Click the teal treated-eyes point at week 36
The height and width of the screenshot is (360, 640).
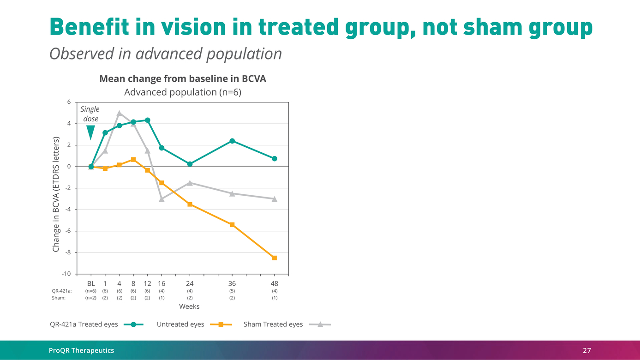(x=232, y=141)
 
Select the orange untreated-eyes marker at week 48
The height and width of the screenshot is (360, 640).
(x=275, y=258)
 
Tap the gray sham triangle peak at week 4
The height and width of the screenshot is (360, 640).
(x=120, y=113)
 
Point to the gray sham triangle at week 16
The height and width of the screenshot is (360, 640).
(x=161, y=199)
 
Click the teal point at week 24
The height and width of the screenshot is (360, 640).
(x=190, y=164)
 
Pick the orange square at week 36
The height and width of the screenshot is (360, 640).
(x=232, y=224)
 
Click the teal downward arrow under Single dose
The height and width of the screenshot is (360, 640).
(x=91, y=132)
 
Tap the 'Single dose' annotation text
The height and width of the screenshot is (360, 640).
(x=90, y=114)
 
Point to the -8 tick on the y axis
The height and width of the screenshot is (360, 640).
(x=67, y=252)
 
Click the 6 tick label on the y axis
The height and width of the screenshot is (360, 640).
(x=69, y=102)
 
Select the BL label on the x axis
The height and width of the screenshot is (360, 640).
(x=91, y=283)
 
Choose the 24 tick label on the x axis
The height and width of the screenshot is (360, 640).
(x=190, y=283)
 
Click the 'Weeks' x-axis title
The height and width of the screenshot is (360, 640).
(x=190, y=306)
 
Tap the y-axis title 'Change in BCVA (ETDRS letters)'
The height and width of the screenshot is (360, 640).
(x=56, y=194)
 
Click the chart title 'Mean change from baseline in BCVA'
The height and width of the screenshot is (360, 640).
(x=183, y=79)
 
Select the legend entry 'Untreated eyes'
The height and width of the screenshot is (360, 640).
(x=180, y=324)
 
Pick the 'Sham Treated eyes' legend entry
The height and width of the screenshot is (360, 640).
(x=273, y=324)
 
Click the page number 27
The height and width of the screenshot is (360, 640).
(x=586, y=350)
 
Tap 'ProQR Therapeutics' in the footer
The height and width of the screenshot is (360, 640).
(x=82, y=350)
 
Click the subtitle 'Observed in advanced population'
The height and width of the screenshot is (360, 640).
(x=165, y=54)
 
